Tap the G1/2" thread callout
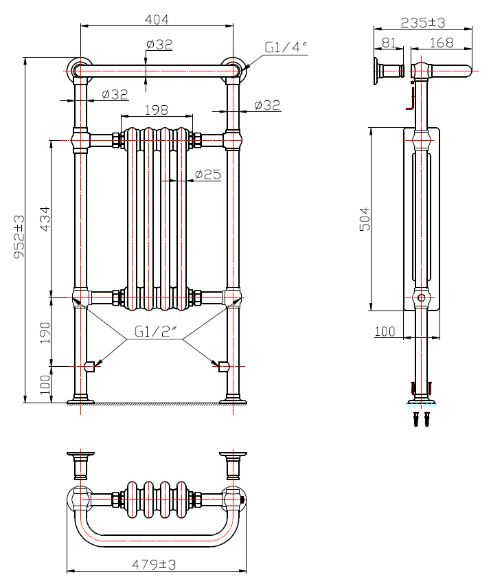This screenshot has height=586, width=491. (156, 331)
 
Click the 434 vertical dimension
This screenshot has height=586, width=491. (44, 218)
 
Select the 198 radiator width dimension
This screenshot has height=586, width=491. (157, 110)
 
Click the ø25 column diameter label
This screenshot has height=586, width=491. (207, 174)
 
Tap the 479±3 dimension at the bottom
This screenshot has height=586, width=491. (155, 564)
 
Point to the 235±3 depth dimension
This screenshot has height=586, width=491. (423, 22)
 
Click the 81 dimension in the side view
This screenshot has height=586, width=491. (389, 43)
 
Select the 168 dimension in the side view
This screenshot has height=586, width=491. (441, 43)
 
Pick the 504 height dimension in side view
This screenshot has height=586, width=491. (365, 218)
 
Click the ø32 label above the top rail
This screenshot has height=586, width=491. (159, 45)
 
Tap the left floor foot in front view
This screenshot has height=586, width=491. (80, 398)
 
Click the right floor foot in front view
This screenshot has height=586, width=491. (233, 398)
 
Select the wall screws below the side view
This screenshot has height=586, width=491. (421, 418)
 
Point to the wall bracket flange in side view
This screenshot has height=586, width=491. (377, 71)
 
